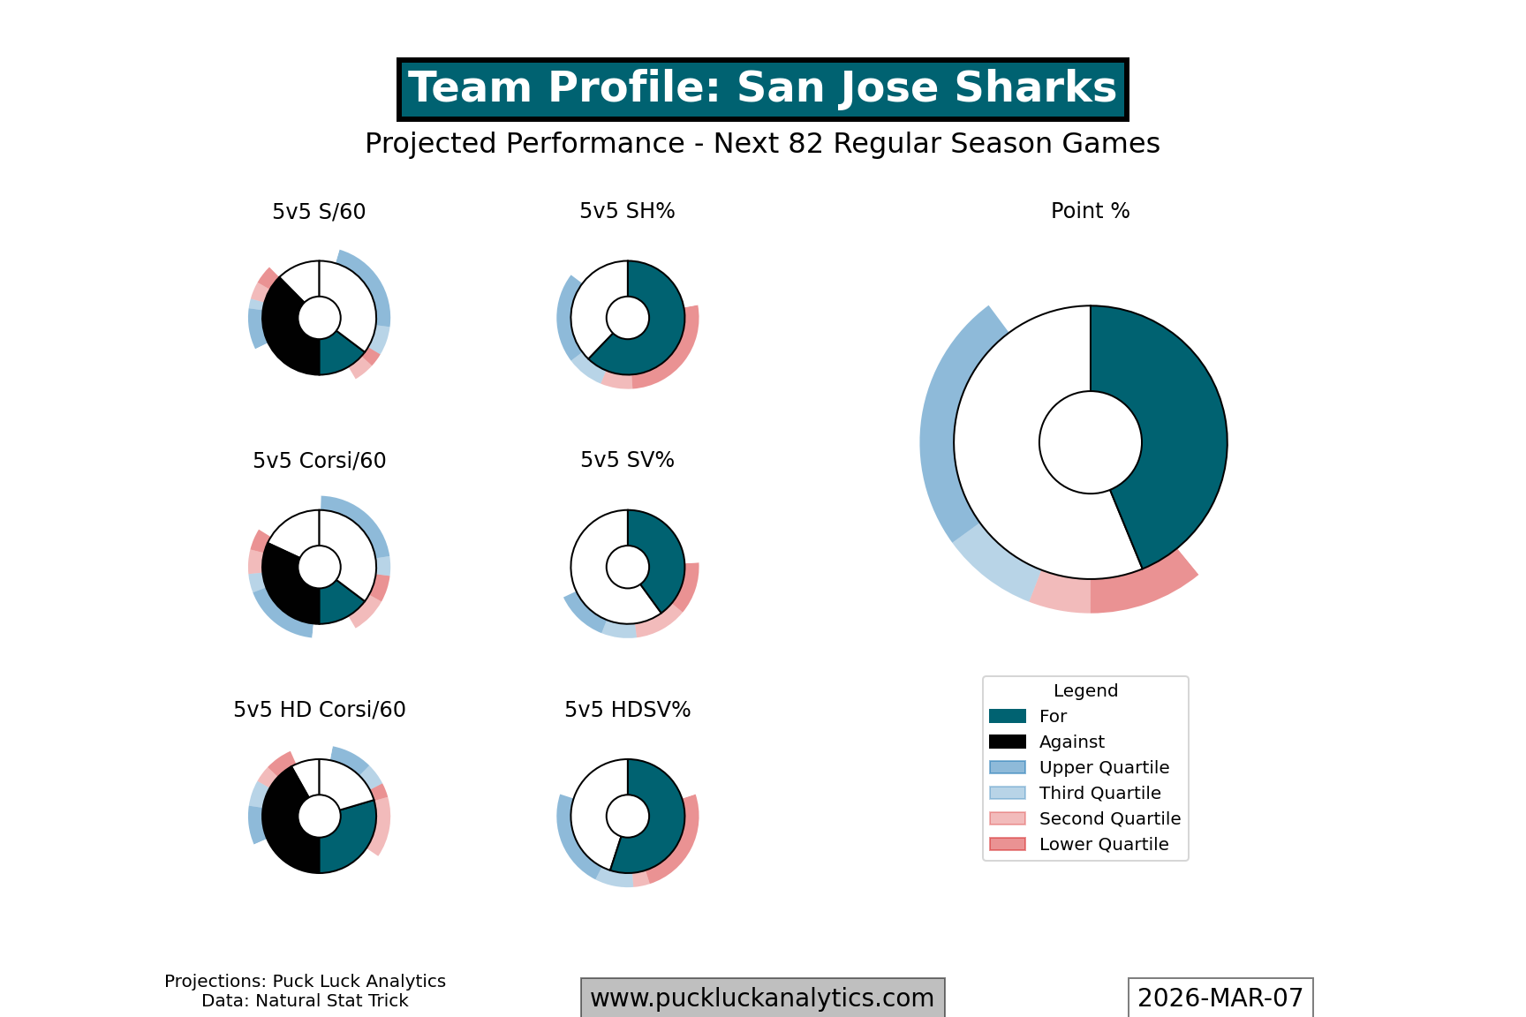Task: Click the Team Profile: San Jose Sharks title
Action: (x=762, y=89)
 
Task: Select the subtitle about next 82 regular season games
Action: (x=762, y=144)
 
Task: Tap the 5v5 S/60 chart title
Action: (x=319, y=212)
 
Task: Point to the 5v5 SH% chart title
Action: (x=627, y=211)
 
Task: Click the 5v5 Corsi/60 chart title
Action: (x=319, y=461)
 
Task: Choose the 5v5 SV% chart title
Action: (x=627, y=460)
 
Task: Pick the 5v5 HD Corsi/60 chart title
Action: (x=319, y=710)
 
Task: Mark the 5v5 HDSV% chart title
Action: (x=627, y=710)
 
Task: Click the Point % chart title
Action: (x=1090, y=211)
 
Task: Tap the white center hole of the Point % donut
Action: (x=1090, y=442)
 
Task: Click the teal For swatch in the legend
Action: (x=1008, y=716)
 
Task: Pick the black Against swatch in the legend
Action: (x=1008, y=742)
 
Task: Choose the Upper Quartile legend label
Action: (x=1104, y=767)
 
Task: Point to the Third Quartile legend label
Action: (x=1099, y=793)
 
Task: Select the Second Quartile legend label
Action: (x=1109, y=818)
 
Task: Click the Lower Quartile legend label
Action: (x=1104, y=844)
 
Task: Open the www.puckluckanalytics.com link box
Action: (x=762, y=998)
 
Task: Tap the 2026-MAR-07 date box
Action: (x=1220, y=998)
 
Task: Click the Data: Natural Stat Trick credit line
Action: (x=305, y=1001)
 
